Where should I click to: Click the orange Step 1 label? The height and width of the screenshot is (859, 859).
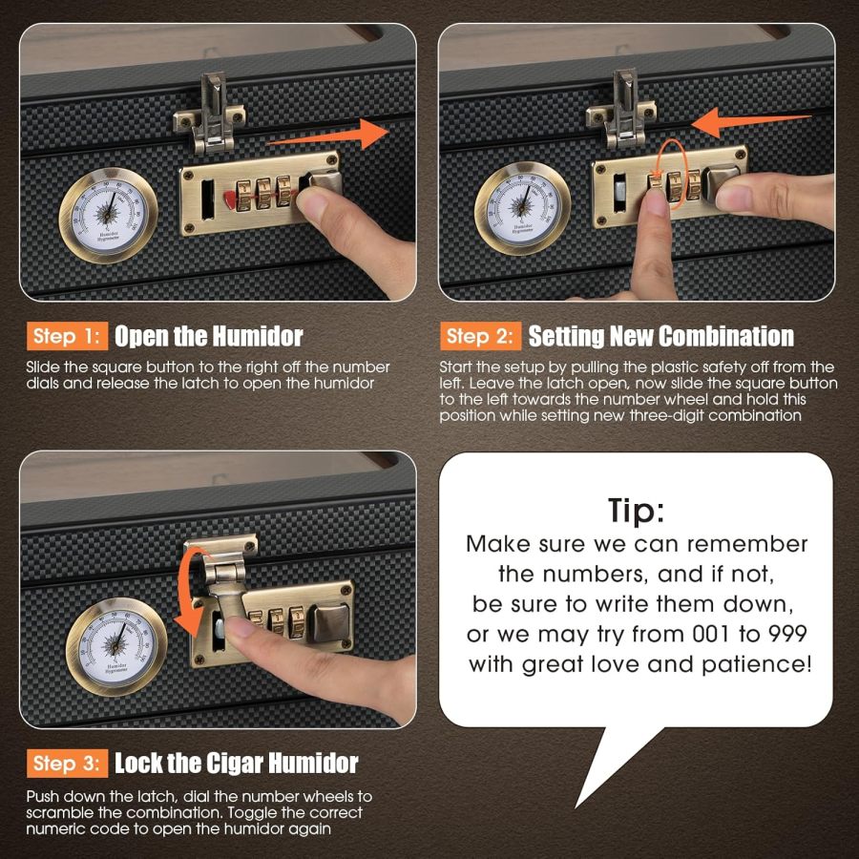(x=68, y=336)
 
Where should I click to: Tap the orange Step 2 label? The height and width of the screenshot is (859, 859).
(x=480, y=336)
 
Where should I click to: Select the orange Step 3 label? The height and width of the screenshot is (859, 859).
(x=68, y=764)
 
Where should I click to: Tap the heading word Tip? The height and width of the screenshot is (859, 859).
(x=636, y=511)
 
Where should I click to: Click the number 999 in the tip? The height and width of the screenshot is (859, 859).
(x=786, y=634)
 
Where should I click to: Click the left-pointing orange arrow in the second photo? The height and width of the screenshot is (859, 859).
(x=750, y=122)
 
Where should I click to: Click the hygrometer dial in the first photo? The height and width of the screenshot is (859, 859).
(x=108, y=216)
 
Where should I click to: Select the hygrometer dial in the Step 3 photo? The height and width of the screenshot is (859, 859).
(x=116, y=646)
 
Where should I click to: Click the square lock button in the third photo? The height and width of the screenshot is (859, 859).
(x=328, y=622)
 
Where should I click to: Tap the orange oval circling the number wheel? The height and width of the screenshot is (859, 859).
(x=671, y=174)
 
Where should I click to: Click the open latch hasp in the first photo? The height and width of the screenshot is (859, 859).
(x=210, y=114)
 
